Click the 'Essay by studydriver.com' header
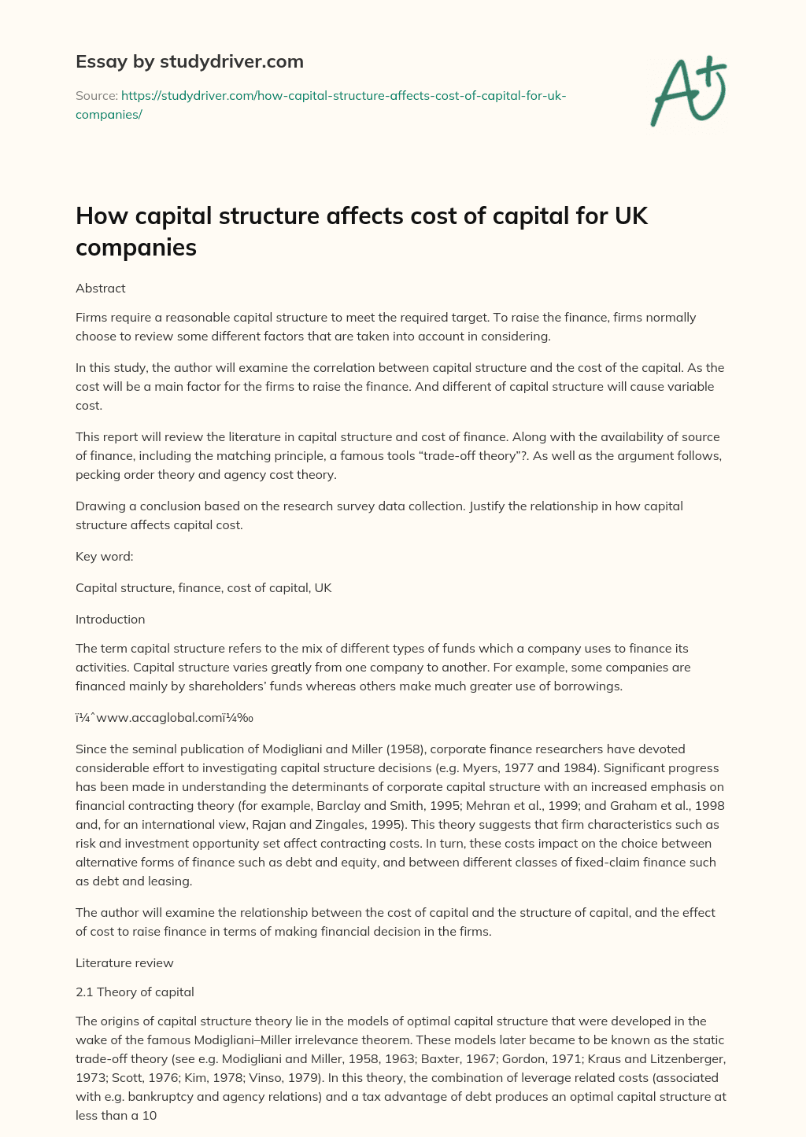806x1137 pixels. [189, 61]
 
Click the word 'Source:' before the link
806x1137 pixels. [97, 96]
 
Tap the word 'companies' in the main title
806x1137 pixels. [135, 247]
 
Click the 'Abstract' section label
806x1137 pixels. [100, 288]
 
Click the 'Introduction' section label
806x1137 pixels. [110, 619]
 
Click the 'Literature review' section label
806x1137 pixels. [124, 962]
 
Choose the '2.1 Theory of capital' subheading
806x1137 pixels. [135, 992]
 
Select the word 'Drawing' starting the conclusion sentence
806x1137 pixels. [98, 506]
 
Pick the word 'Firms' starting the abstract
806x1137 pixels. [91, 318]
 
